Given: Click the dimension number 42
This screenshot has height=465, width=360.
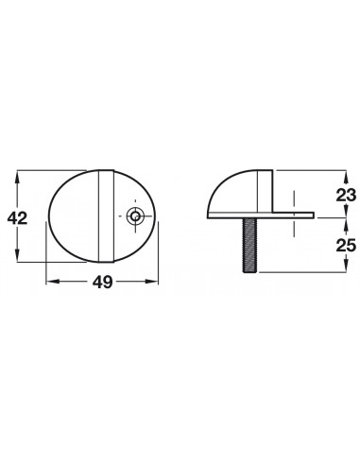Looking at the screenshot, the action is [x=18, y=218].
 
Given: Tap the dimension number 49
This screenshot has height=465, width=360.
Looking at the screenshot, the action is [x=102, y=282].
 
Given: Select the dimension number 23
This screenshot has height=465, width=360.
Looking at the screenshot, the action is [x=346, y=195].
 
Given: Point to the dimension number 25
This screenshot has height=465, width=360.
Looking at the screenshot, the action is [x=346, y=245].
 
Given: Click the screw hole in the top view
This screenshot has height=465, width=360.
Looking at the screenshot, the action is [x=135, y=216].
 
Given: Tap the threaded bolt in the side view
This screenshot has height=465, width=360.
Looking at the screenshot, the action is [x=249, y=246].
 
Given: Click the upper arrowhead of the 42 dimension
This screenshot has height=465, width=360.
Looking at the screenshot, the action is [x=18, y=177].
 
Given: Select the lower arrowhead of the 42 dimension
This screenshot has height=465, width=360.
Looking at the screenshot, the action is [x=18, y=254].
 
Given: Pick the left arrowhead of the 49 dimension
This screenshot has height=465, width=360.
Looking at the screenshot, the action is [x=53, y=282].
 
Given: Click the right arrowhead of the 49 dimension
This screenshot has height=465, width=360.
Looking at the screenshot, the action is [x=151, y=282].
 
